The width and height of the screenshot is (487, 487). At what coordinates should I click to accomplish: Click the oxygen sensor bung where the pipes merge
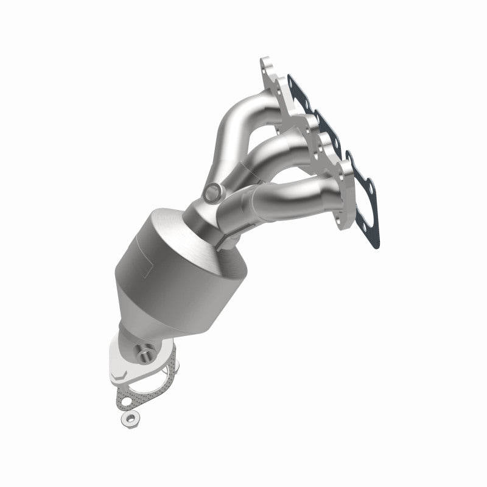(211, 193)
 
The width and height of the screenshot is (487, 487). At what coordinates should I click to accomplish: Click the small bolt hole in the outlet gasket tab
(125, 402)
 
